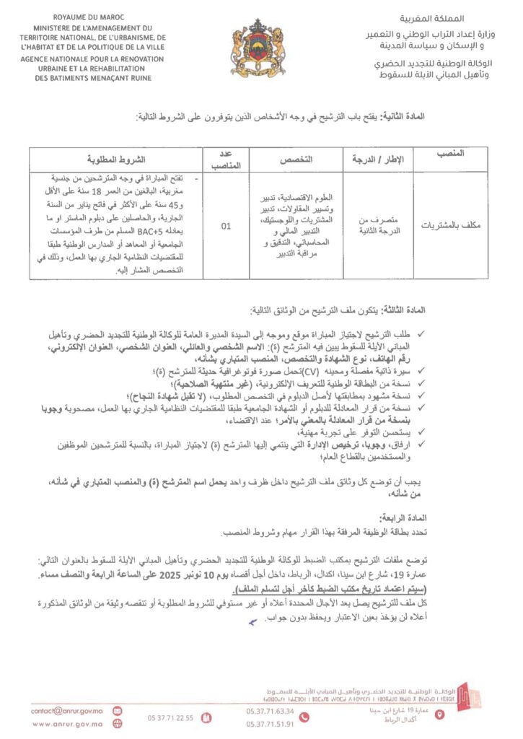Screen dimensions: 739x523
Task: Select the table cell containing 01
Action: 226,226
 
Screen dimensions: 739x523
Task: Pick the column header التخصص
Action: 296,159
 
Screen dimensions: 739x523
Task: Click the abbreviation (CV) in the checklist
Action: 310,370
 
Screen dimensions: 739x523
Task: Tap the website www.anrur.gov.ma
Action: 67,724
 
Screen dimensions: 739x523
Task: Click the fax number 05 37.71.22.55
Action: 170,717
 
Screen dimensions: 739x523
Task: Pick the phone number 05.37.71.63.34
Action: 269,711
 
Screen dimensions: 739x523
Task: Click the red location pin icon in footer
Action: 441,714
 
